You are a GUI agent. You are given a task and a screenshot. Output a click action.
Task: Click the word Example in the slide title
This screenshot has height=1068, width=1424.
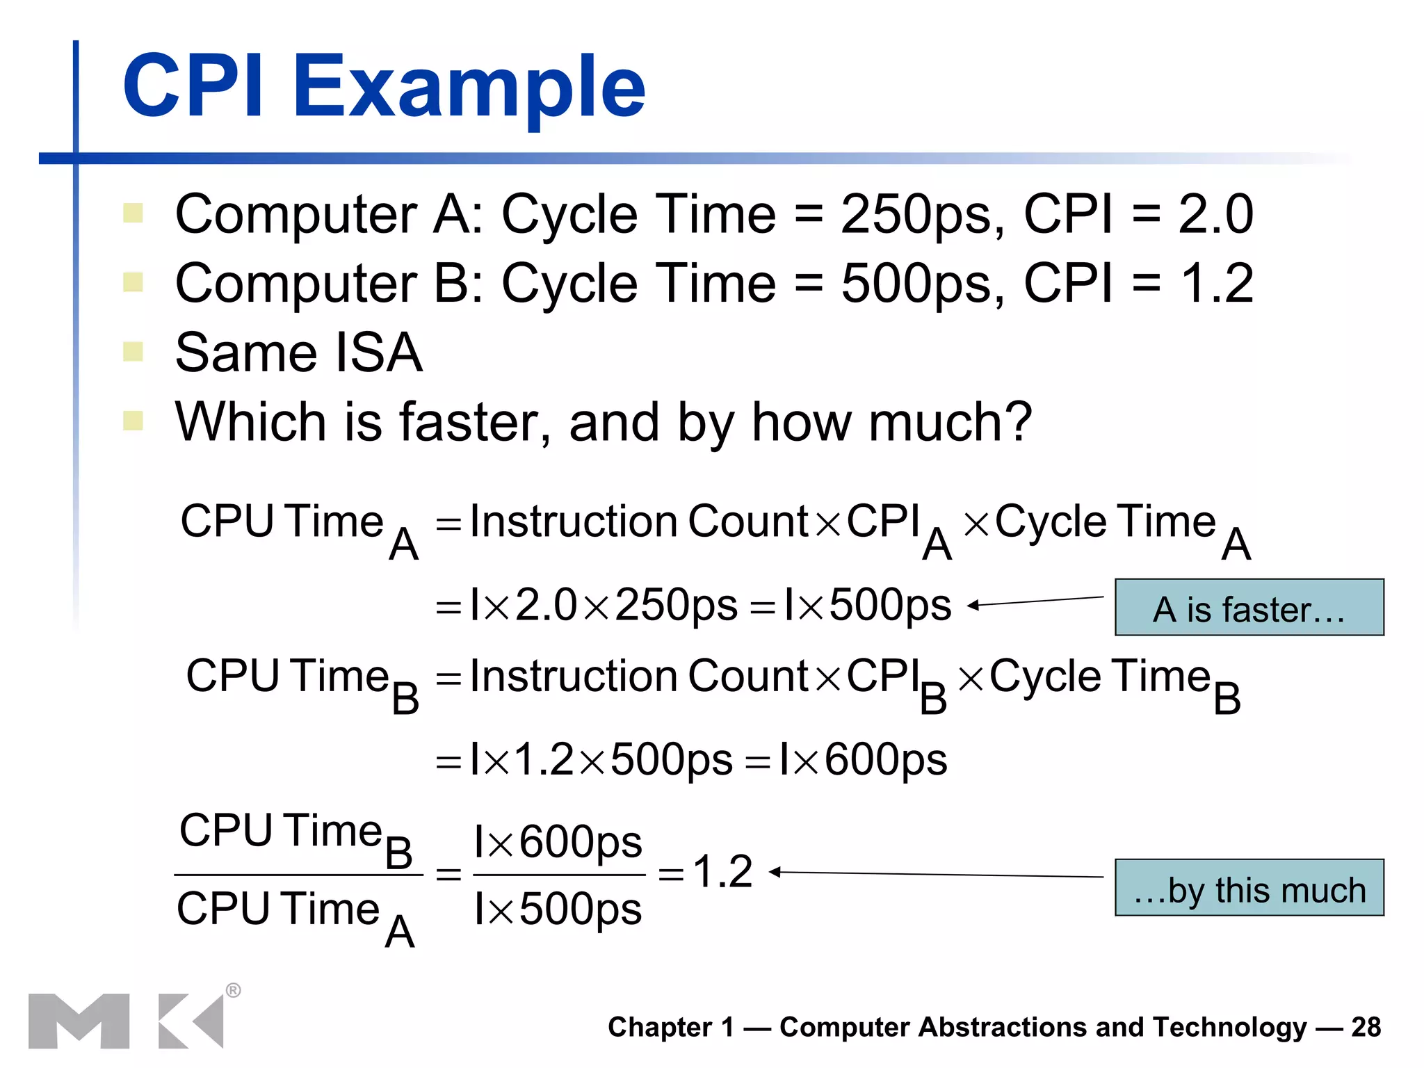tap(469, 87)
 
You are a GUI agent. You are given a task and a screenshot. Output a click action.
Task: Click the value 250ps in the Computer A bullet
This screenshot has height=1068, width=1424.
tap(922, 214)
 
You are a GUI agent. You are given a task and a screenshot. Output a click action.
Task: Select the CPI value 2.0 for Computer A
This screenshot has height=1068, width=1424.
tap(1215, 214)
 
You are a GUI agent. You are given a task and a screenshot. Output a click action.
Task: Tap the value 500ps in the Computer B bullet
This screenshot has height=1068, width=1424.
tap(922, 284)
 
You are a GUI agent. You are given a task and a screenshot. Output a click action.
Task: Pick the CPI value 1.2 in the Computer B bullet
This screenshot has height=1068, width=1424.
tap(1217, 284)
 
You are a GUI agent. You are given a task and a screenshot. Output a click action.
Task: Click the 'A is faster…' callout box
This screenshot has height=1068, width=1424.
tap(1249, 608)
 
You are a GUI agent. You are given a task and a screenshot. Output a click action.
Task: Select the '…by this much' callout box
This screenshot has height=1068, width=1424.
tap(1249, 888)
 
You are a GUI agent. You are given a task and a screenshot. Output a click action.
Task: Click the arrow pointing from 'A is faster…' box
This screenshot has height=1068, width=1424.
tap(1036, 601)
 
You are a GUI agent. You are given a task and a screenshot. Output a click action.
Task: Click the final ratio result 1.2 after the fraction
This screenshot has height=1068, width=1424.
tap(722, 871)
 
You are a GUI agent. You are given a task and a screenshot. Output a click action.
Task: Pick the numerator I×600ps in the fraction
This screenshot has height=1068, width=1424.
tap(558, 842)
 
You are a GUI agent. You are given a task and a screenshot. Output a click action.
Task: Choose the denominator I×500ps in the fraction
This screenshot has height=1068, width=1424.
tap(558, 908)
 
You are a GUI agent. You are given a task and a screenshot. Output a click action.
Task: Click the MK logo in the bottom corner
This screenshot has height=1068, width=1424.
tap(126, 1021)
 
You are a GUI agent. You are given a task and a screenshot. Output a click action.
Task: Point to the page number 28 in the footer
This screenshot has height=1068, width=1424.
tap(1366, 1027)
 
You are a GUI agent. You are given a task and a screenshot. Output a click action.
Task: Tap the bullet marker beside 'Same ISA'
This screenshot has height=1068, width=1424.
tap(133, 351)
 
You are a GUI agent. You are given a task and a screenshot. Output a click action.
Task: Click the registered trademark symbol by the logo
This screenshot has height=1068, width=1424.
tap(234, 990)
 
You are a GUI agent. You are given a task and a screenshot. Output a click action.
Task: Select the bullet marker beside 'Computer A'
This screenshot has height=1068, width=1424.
tap(133, 213)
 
